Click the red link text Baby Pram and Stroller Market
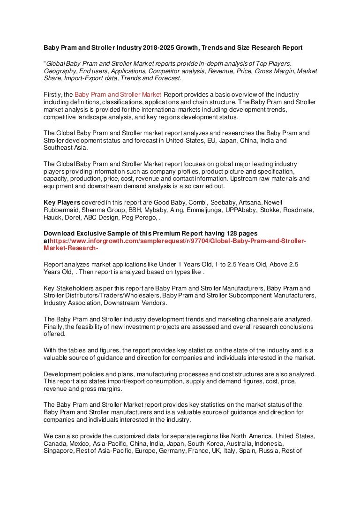pos(118,95)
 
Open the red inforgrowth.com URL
pos(178,241)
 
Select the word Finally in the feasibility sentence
pos(54,327)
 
